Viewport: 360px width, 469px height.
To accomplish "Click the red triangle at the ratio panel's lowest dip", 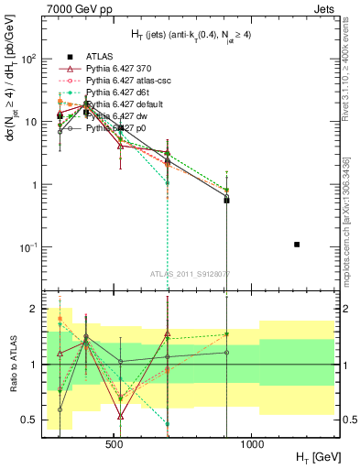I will point(121,416).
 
